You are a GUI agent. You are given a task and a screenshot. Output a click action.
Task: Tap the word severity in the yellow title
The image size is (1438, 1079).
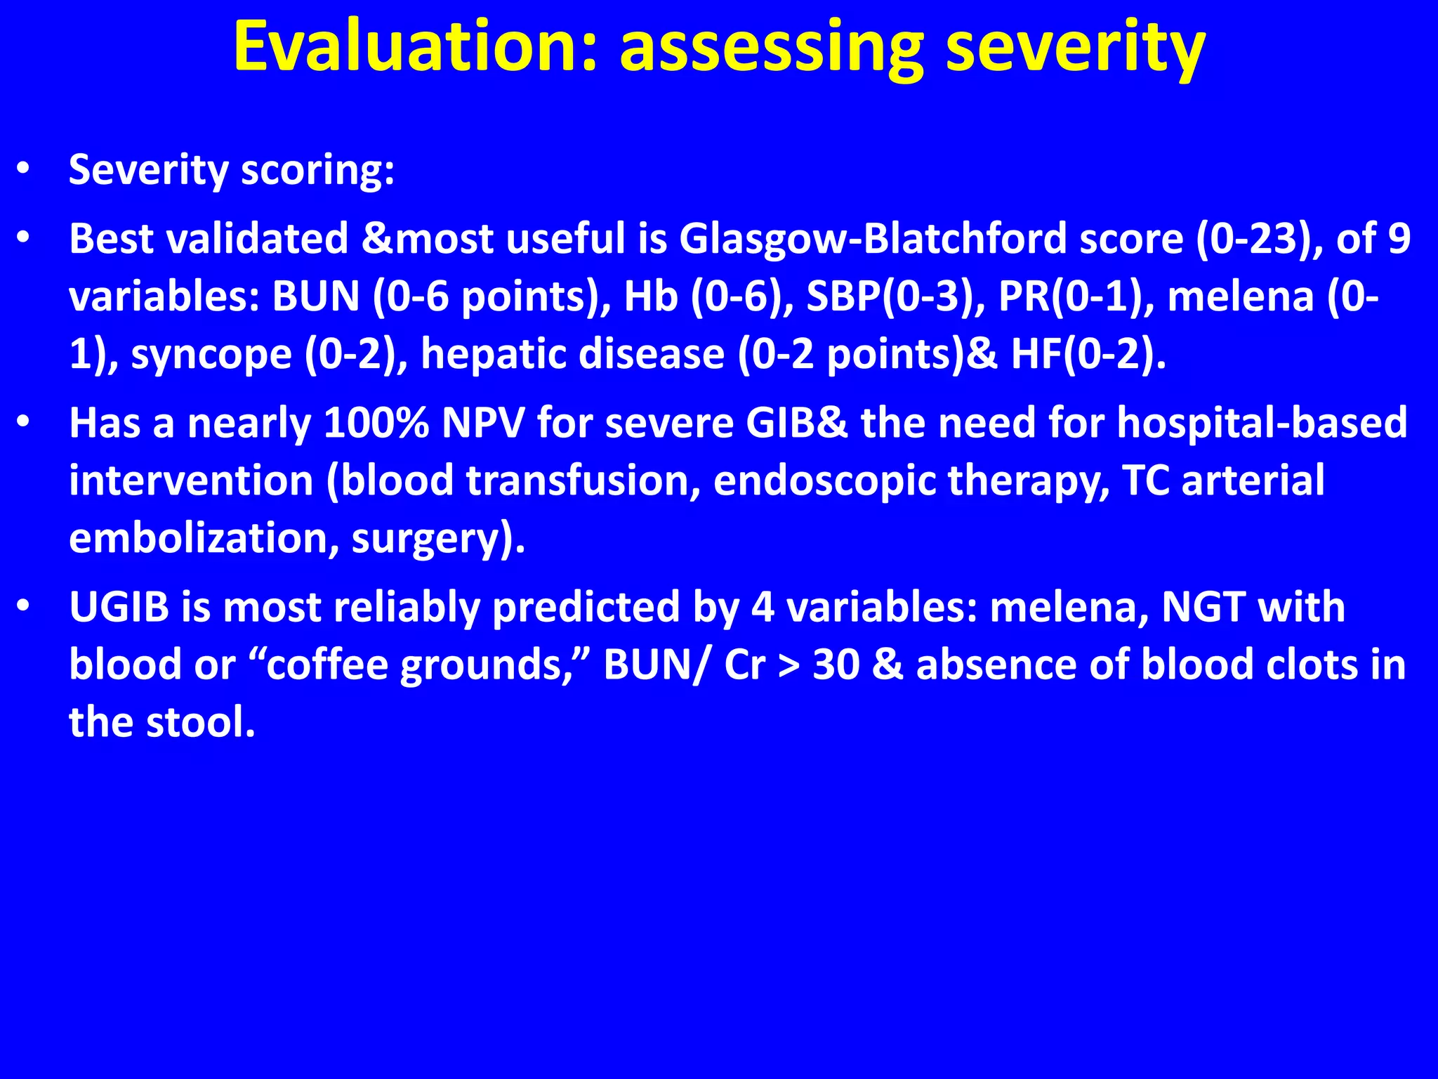tap(1075, 46)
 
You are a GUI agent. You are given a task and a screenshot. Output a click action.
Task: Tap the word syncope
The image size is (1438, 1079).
tap(211, 354)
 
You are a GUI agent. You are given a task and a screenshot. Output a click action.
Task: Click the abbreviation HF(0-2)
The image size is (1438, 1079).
tap(1088, 354)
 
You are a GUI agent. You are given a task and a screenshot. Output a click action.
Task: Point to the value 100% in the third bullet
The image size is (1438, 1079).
tap(376, 423)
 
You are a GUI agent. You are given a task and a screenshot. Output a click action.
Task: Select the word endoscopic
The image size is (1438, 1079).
tap(824, 481)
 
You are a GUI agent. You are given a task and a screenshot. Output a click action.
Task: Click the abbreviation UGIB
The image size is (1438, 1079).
tap(119, 607)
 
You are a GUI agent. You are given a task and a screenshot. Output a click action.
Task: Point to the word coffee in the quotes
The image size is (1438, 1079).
tap(327, 665)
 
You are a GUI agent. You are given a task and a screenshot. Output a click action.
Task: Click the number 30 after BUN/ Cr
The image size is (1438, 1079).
tap(836, 665)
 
